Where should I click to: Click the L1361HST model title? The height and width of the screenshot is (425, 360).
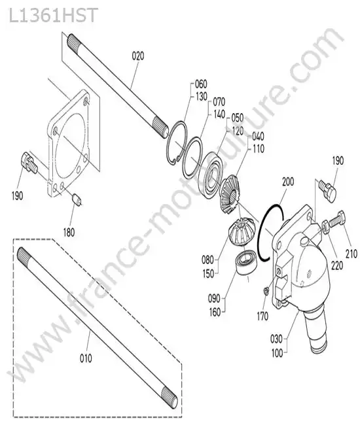tap(53, 15)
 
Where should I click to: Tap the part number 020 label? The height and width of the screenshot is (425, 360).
tap(138, 56)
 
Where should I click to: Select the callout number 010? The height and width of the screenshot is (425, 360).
tap(86, 358)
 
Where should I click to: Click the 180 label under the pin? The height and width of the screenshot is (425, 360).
tap(69, 232)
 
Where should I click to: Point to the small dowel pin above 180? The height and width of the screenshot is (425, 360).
tap(77, 200)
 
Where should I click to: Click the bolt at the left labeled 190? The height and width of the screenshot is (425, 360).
tap(27, 162)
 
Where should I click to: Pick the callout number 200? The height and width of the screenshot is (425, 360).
tap(288, 182)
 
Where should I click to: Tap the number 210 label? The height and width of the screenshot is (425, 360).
tap(351, 254)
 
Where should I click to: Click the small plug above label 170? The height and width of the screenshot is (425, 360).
tap(266, 291)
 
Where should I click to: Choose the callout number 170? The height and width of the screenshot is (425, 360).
tap(262, 316)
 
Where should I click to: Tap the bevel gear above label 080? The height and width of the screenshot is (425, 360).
tap(242, 231)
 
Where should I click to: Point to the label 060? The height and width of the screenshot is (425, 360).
tap(201, 84)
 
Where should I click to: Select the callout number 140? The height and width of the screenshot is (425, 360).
tap(219, 114)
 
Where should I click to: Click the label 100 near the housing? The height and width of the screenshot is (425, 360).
tap(277, 353)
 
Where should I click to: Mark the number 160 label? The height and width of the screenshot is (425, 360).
tap(215, 312)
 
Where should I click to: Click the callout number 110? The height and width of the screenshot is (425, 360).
tap(258, 148)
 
